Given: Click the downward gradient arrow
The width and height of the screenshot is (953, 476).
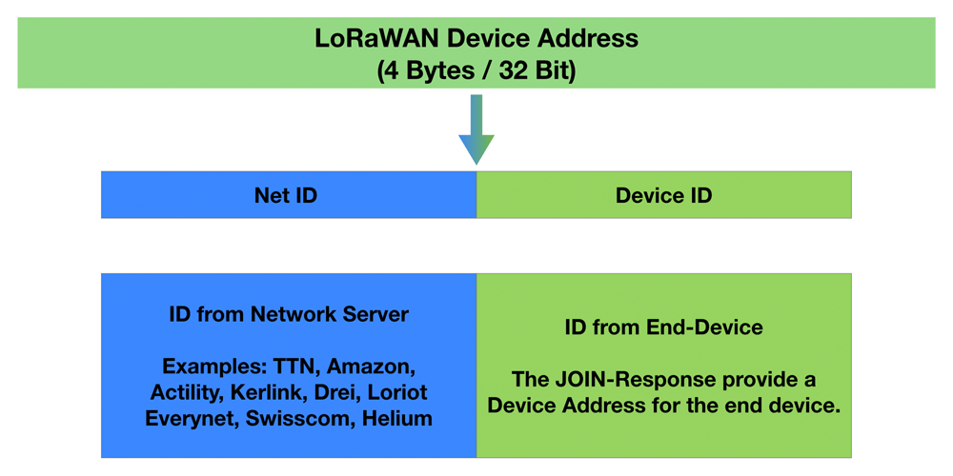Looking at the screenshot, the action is pos(476,129).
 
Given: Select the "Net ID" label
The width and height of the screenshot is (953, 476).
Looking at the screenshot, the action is pos(286,195).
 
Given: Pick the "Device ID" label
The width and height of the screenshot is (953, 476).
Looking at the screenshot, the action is pos(663,195).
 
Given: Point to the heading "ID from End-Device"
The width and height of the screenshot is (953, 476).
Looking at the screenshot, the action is pos(663,327).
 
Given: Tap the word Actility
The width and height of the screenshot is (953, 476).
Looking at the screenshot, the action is pos(186,393).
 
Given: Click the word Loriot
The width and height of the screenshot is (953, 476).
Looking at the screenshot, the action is pos(400,392).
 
